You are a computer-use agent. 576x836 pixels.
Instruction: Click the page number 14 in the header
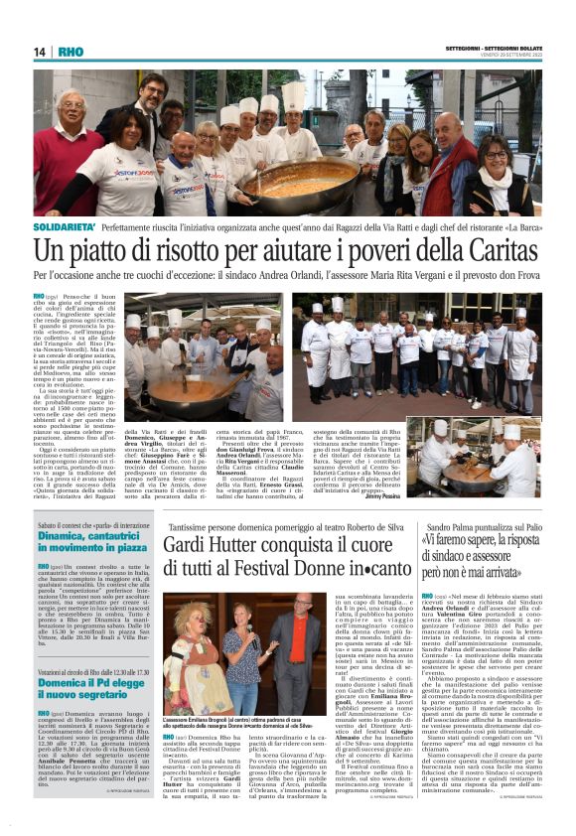pyautogui.click(x=39, y=53)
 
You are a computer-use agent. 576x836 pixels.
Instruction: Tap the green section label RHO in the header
pyautogui.click(x=71, y=53)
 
